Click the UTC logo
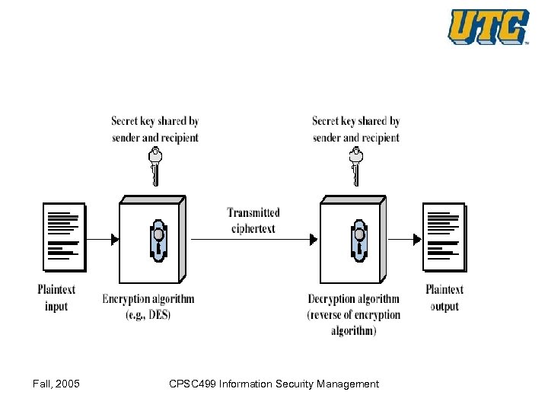[488, 27]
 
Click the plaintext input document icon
[64, 237]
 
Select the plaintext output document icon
[444, 237]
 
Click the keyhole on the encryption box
[158, 241]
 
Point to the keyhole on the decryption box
[358, 241]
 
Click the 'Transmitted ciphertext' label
[253, 221]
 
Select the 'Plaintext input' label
[56, 298]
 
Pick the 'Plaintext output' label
[444, 298]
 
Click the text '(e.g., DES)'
[148, 314]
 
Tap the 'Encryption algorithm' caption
[148, 298]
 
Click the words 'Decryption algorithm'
[353, 298]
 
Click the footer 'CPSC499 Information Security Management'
[273, 384]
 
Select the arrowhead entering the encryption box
[115, 240]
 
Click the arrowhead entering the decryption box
[314, 240]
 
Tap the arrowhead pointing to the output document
[417, 240]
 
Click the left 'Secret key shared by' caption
[155, 121]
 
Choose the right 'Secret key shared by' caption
[355, 121]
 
